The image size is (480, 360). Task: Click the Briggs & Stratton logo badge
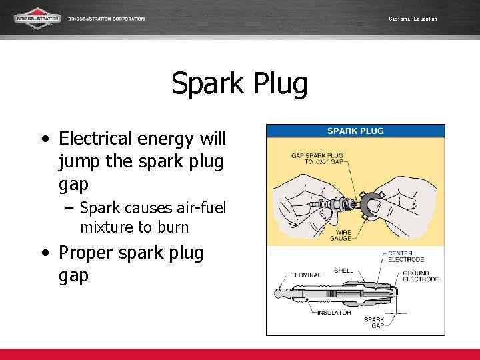[38, 18]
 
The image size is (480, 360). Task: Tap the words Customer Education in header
[413, 19]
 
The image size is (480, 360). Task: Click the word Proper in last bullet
[86, 253]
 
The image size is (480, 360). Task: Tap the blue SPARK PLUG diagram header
[355, 131]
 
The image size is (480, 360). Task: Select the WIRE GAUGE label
[341, 235]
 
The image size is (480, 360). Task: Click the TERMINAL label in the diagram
[306, 275]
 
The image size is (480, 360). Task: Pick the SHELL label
[343, 271]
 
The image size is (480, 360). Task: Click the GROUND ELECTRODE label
[421, 276]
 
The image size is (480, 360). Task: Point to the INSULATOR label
[333, 313]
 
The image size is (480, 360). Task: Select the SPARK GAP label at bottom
[374, 323]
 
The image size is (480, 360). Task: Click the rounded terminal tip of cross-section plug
[279, 293]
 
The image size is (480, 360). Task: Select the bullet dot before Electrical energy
[44, 139]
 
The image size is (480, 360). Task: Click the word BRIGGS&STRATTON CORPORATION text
[107, 19]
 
